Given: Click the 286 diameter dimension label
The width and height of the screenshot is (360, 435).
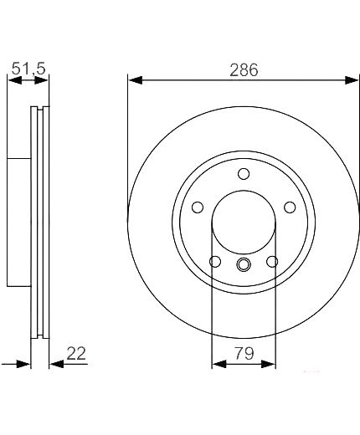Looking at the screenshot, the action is (x=244, y=70).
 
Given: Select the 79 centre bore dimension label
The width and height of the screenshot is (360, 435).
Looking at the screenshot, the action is (x=244, y=354).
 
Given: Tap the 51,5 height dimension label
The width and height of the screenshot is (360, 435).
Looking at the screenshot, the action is (x=28, y=69).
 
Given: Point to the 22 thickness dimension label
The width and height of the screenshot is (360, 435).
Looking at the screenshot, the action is (x=76, y=354).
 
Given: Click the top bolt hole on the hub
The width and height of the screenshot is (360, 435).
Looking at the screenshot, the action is (x=244, y=174).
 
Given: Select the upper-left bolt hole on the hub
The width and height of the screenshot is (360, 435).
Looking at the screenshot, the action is (x=198, y=207).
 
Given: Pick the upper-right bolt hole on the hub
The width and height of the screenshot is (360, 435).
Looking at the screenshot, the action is (x=290, y=207).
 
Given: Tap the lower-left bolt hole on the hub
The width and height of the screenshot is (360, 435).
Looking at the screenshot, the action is (x=215, y=262).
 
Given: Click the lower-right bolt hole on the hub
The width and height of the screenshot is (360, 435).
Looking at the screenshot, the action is (x=272, y=262).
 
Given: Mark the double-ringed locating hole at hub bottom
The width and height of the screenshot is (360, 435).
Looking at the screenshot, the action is (x=244, y=264).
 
